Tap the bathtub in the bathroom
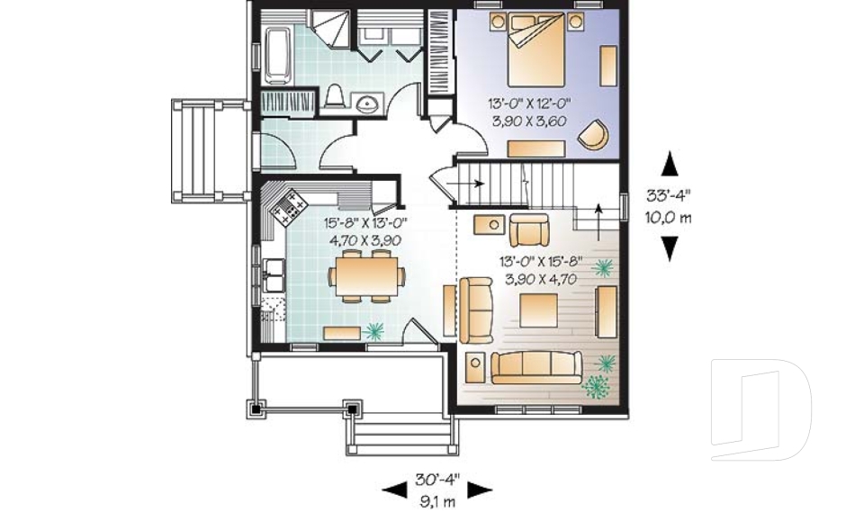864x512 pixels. click(277, 52)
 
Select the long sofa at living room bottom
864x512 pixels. click(538, 366)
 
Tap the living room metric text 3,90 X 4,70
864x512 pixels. click(538, 280)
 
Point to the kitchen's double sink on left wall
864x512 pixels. click(274, 274)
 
